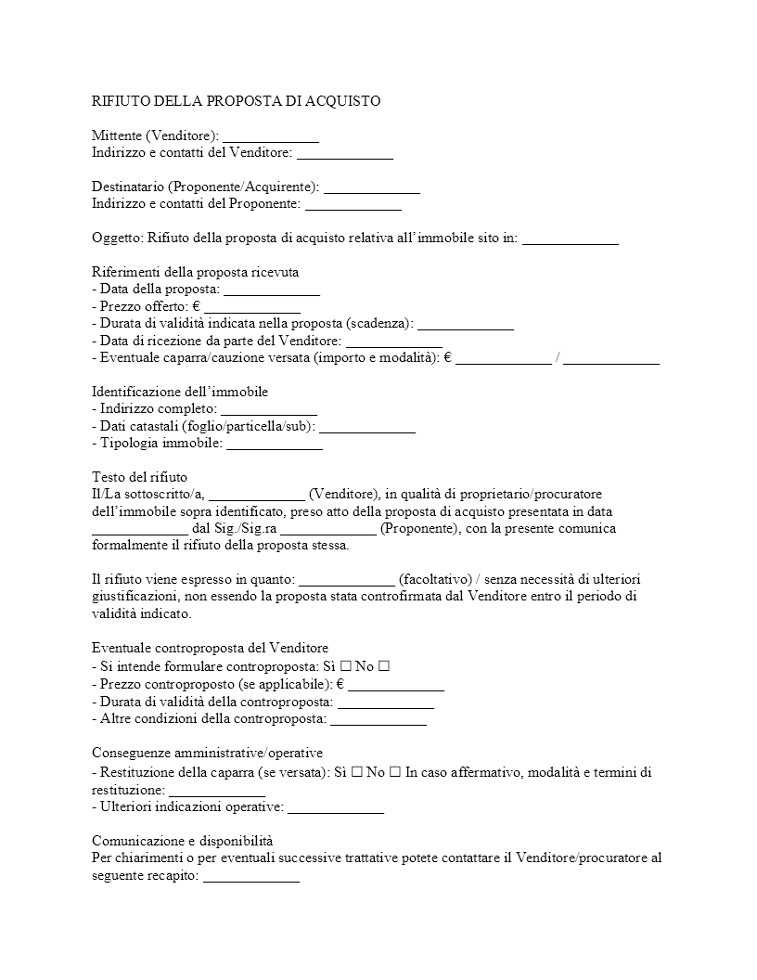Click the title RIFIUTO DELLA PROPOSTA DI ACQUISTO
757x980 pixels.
click(236, 100)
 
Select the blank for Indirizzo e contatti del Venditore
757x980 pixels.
click(344, 152)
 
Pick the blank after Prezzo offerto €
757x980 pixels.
click(252, 306)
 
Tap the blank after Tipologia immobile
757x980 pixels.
click(275, 444)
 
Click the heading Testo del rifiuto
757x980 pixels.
click(139, 477)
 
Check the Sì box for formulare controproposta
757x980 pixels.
click(344, 665)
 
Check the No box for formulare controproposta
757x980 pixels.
click(383, 665)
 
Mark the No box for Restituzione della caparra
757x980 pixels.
click(395, 772)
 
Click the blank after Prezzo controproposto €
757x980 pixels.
click(396, 685)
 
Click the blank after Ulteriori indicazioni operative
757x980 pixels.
click(336, 807)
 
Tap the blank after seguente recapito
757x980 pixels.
click(251, 875)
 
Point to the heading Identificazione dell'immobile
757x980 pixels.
click(180, 392)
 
